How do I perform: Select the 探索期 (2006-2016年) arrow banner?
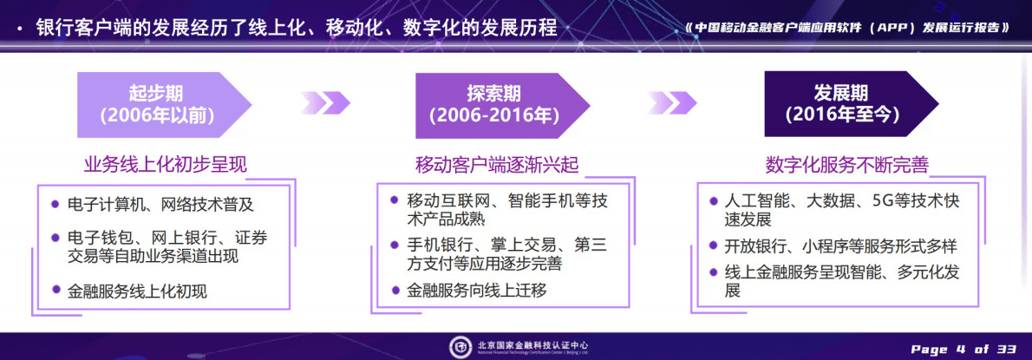click(493, 104)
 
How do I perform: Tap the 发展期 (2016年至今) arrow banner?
click(841, 104)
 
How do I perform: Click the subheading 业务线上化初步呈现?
click(159, 164)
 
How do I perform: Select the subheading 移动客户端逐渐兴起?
click(497, 164)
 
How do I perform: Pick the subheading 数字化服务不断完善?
click(846, 164)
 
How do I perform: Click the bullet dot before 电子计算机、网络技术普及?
click(56, 206)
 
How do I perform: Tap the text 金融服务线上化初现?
click(137, 291)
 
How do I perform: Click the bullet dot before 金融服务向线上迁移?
click(395, 291)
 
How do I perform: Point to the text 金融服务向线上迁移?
click(477, 291)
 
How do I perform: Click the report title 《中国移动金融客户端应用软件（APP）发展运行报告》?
click(847, 27)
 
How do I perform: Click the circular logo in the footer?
click(460, 346)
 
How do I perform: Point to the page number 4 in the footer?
click(961, 349)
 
